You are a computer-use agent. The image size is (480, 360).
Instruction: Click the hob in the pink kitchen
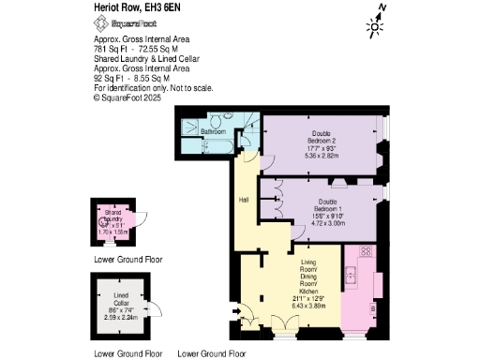364,251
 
